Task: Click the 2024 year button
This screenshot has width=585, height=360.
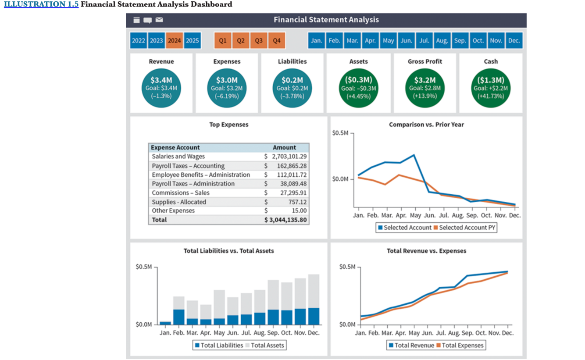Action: tap(175, 41)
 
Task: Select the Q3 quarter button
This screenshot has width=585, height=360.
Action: tap(258, 41)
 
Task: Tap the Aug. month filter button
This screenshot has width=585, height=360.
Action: tap(442, 41)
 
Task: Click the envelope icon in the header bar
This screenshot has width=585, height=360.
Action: tap(159, 20)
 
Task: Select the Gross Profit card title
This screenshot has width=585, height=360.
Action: tap(424, 61)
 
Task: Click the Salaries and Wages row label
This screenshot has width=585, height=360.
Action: tap(178, 157)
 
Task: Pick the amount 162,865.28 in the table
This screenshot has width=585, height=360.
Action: tap(289, 166)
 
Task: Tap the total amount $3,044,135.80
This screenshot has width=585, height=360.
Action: tap(285, 220)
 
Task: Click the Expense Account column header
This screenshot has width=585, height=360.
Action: tap(175, 147)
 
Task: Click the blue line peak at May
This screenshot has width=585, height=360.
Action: tap(414, 155)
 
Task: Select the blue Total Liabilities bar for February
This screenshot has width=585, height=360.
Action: tap(178, 317)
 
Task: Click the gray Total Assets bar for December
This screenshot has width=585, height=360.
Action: tap(314, 291)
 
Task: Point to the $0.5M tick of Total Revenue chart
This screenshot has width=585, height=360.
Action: tap(348, 267)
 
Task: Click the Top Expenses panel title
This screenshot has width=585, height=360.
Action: tap(228, 125)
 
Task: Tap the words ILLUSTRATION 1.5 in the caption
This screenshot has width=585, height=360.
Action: tap(41, 4)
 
